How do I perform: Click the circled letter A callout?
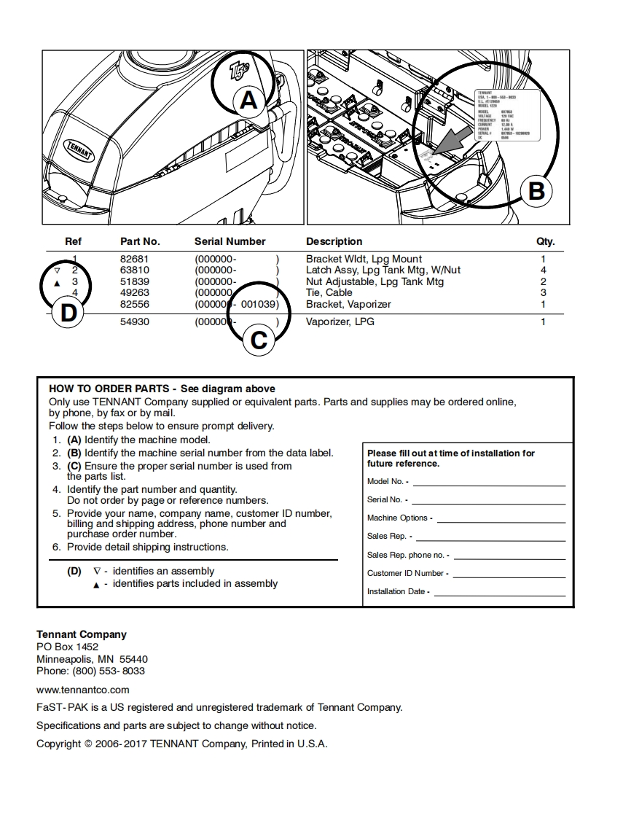(248, 100)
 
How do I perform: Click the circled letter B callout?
(536, 191)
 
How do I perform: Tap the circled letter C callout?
(258, 340)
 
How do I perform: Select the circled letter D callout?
(68, 313)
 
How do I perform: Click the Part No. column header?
(140, 241)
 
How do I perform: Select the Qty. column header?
(545, 241)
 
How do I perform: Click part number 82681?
(134, 259)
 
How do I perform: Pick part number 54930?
(134, 322)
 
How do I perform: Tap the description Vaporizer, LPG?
(340, 322)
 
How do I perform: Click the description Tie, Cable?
(329, 293)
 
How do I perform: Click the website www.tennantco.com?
(83, 689)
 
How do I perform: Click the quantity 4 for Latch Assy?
(543, 270)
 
